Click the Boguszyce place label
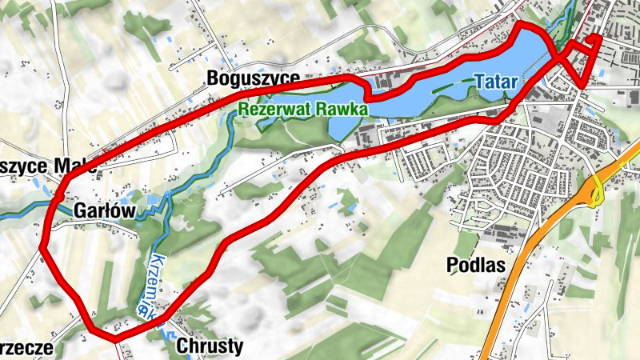pyautogui.click(x=253, y=78)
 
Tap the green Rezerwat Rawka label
pyautogui.click(x=302, y=107)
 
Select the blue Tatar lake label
pyautogui.click(x=496, y=82)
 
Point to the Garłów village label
pyautogui.click(x=104, y=210)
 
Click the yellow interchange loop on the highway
pyautogui.click(x=596, y=192)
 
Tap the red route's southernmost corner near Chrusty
pyautogui.click(x=116, y=337)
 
